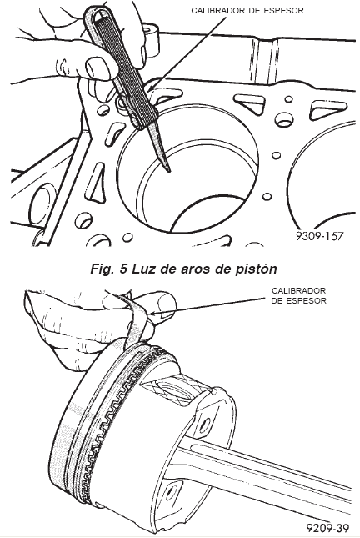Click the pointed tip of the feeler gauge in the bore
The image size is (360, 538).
pos(167,169)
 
